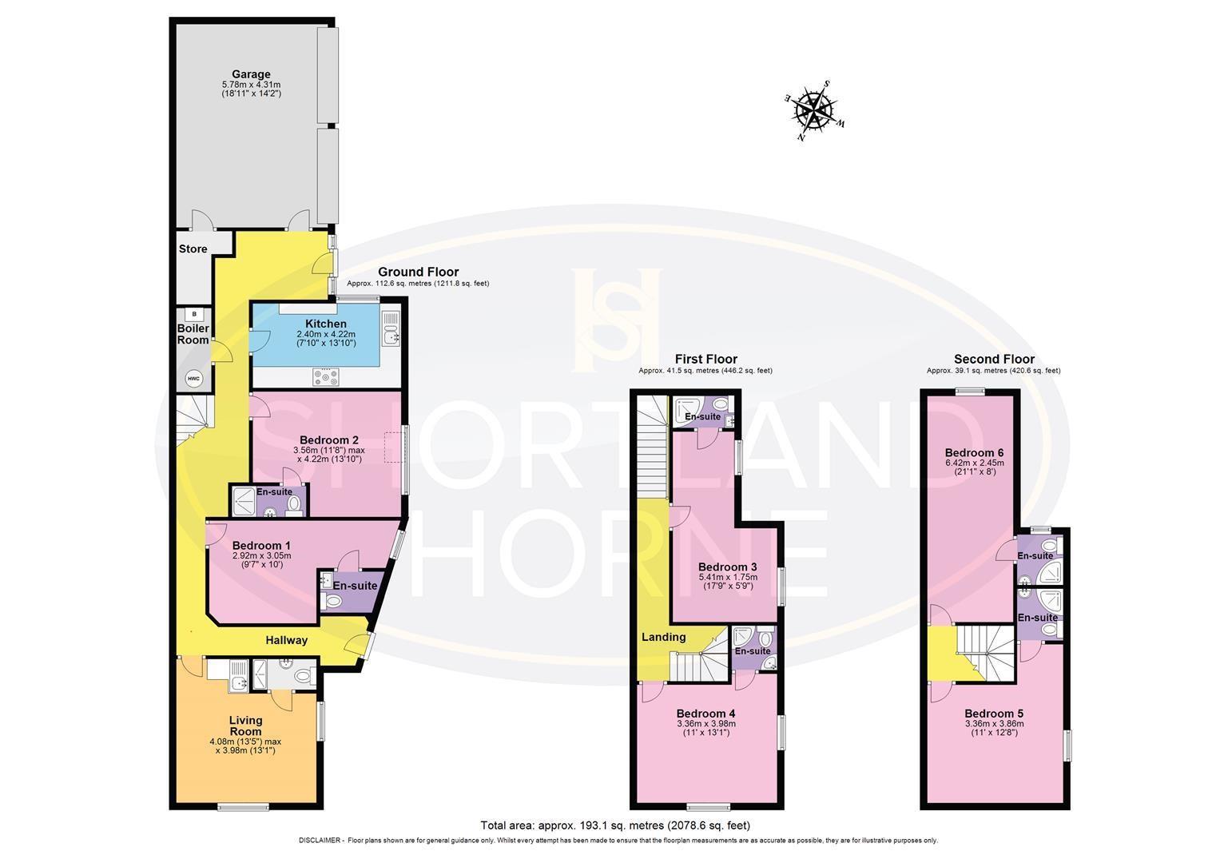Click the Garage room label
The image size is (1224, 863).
(x=251, y=74)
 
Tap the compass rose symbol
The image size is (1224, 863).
(x=814, y=109)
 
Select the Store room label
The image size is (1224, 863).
(x=193, y=249)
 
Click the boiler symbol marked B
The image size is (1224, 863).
(x=193, y=314)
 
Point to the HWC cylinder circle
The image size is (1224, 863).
(x=193, y=378)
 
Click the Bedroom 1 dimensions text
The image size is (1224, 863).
(x=261, y=560)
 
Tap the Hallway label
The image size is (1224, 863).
(x=286, y=639)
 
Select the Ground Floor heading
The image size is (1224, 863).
(x=418, y=272)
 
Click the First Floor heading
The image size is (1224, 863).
(x=705, y=359)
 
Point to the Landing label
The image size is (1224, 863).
(x=664, y=637)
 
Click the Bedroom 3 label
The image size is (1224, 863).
(x=728, y=567)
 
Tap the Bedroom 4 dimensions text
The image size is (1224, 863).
(x=705, y=728)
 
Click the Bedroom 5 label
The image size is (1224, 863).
(x=993, y=714)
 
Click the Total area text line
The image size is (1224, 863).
(x=614, y=825)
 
